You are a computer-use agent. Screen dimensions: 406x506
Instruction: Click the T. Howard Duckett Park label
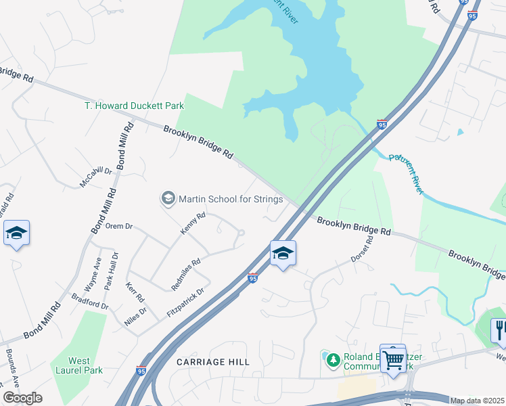point(134,106)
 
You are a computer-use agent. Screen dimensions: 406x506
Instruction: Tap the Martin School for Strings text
point(230,199)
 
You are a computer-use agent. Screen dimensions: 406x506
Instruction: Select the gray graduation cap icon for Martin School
point(167,198)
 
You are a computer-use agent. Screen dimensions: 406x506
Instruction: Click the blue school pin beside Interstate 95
point(283,254)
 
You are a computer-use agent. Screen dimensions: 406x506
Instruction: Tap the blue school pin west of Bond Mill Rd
point(16,233)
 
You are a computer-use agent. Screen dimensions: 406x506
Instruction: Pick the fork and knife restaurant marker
point(500,330)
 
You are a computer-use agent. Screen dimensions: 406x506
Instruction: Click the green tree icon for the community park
point(332,359)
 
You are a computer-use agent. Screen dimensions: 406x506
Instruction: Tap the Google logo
point(22,398)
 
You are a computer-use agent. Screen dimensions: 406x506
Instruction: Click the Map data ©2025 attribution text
point(476,401)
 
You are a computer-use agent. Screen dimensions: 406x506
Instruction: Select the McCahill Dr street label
point(95,177)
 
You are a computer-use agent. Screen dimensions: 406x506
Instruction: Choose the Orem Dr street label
point(118,226)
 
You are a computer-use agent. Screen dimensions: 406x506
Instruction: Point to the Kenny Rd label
point(193,225)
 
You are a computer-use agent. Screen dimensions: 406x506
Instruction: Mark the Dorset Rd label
point(362,250)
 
